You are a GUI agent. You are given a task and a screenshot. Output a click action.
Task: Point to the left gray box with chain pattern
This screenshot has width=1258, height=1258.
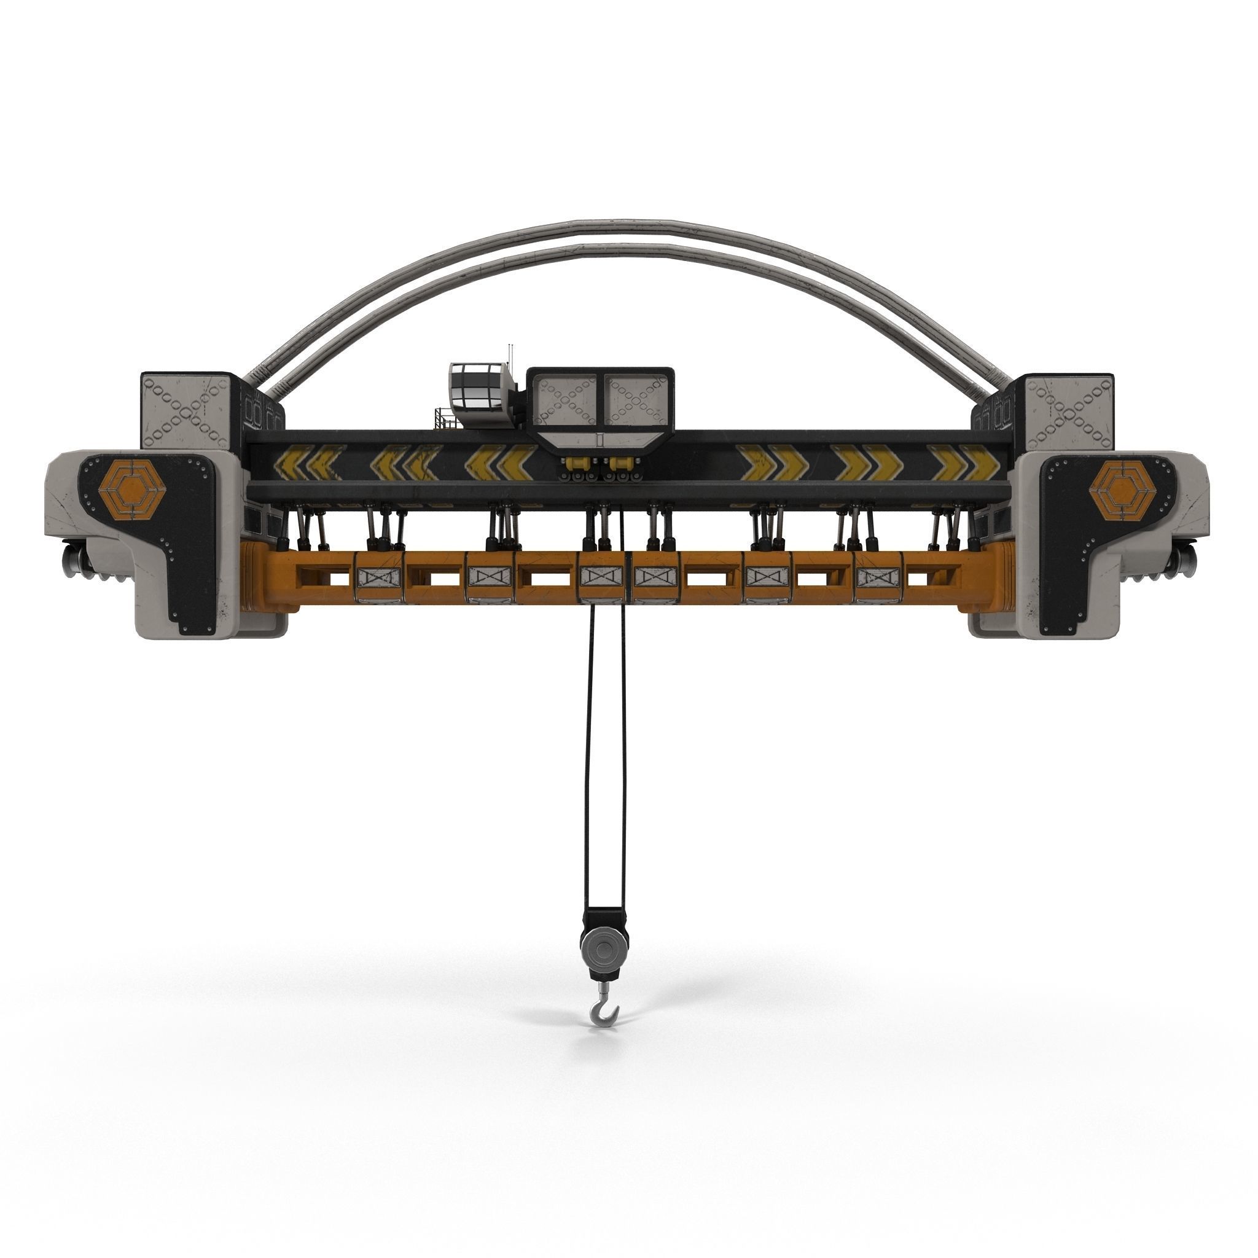pos(186,410)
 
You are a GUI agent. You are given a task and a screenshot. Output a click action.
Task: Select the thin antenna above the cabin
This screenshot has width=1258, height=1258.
pos(510,354)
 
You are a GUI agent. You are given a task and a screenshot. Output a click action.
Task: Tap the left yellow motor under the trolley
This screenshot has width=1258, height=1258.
pos(575,464)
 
